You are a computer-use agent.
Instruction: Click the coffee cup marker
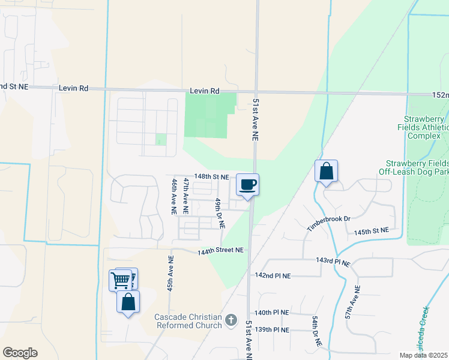tap(248, 184)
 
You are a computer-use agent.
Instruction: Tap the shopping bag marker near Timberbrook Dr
tap(326, 171)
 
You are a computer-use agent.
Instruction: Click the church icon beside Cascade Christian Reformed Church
tap(231, 322)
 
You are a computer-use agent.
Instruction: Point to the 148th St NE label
tap(211, 177)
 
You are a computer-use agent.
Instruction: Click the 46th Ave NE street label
tap(174, 197)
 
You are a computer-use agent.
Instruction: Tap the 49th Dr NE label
tap(220, 213)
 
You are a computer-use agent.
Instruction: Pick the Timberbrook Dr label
tap(328, 224)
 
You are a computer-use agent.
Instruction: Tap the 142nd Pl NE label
tap(273, 276)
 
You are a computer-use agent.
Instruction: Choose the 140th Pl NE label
tap(272, 313)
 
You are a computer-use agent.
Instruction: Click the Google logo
tap(20, 353)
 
